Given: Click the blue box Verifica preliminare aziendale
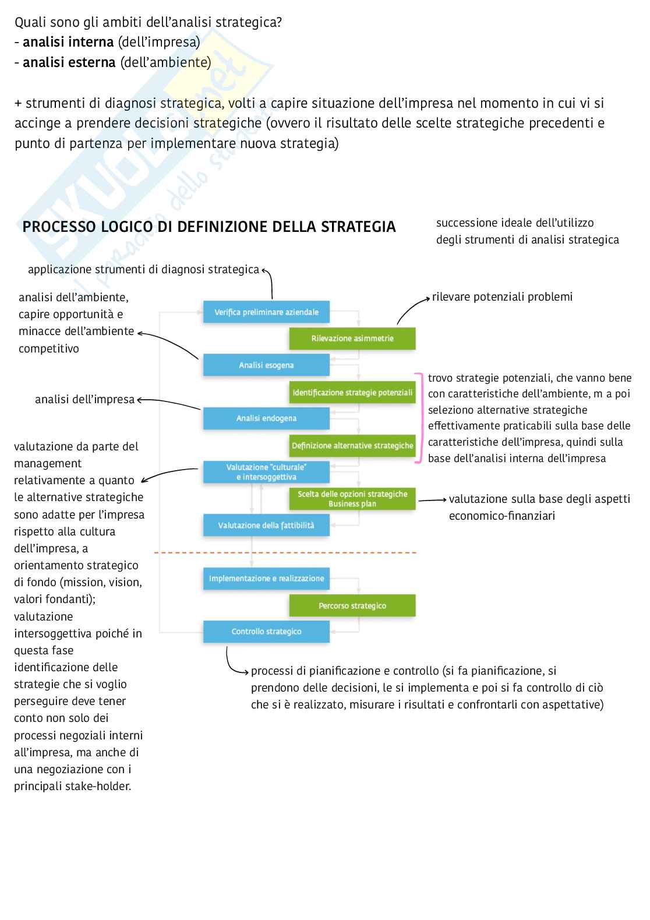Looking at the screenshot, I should tap(266, 312).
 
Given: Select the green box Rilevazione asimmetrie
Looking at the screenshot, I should tap(352, 339).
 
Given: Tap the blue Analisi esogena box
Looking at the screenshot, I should tap(266, 365).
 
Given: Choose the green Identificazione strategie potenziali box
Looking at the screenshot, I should tap(352, 393).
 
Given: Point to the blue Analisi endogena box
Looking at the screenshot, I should tap(266, 418).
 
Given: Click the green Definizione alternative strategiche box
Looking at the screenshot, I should tap(352, 446).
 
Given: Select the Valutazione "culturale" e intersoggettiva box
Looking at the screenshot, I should tap(266, 472).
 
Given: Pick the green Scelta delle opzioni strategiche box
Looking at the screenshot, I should tap(352, 499).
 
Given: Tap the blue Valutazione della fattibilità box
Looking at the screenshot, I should tap(266, 525).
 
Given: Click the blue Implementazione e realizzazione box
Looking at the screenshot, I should tap(266, 579).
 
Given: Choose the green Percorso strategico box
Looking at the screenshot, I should tap(352, 605).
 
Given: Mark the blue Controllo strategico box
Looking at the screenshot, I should tap(266, 632).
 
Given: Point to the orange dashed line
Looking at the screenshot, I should tap(285, 552).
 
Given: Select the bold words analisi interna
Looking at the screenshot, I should tap(68, 42).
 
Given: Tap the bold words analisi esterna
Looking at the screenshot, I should tap(69, 62).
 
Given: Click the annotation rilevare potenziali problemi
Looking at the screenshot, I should tap(502, 297).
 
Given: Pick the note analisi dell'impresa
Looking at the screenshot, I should tap(84, 400).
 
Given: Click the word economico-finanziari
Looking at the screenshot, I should tap(501, 516).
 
